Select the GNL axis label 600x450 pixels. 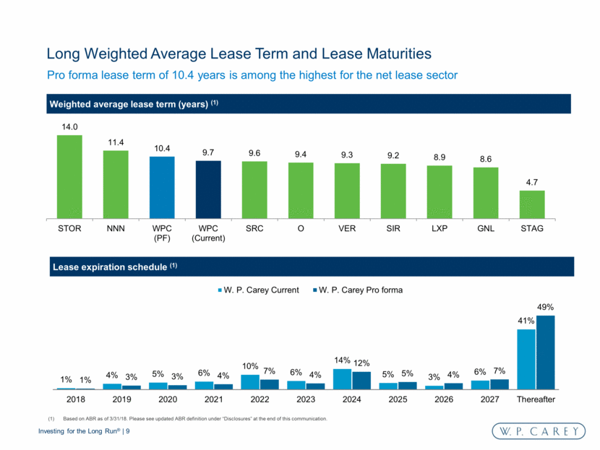[486, 229]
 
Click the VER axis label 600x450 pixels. [347, 229]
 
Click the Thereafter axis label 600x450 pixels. [536, 398]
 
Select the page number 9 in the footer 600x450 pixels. [127, 432]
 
